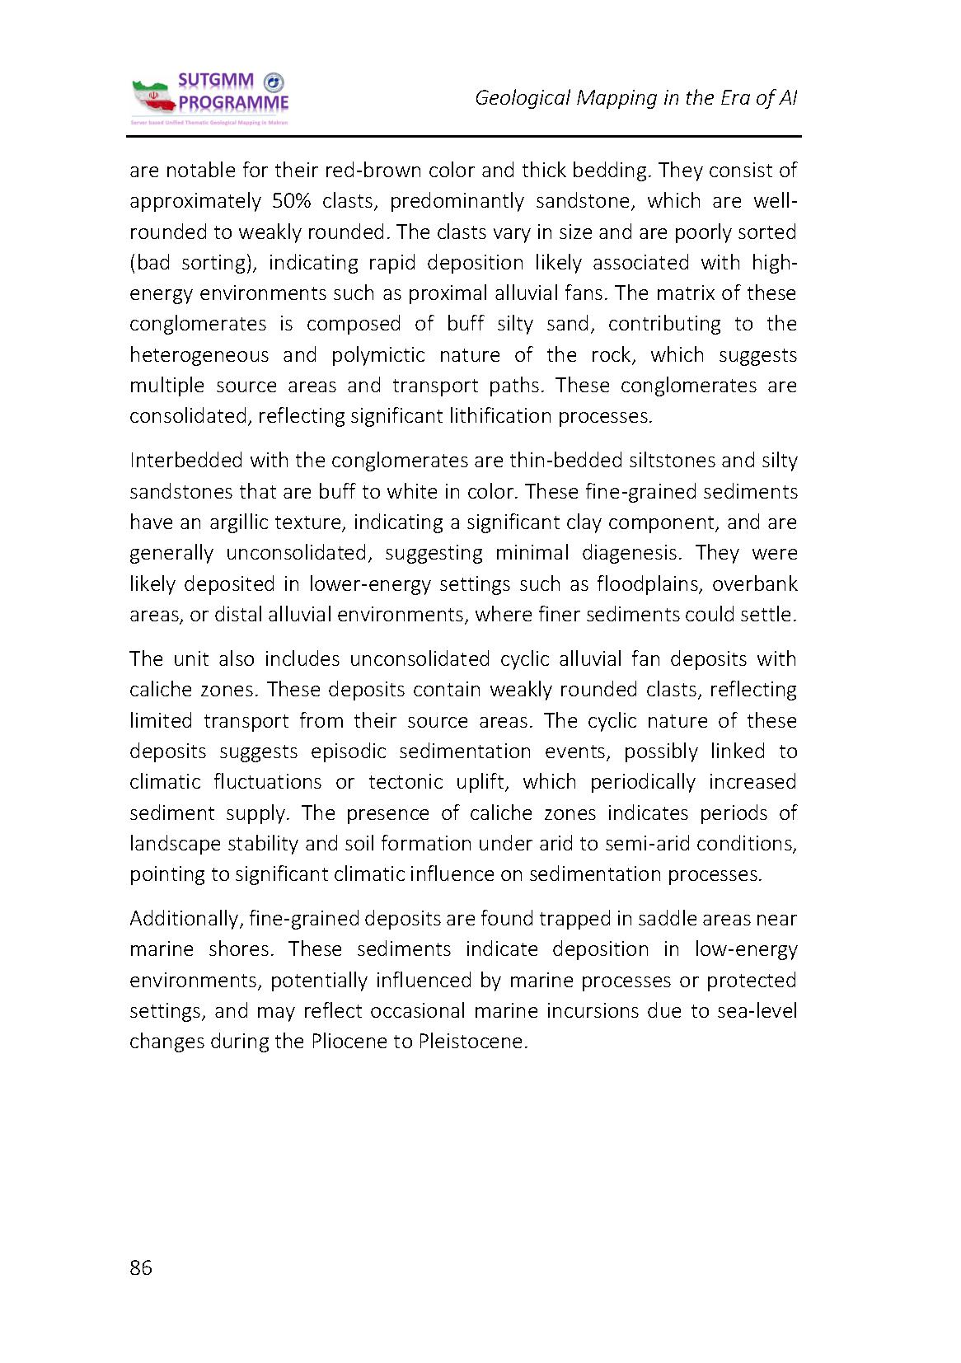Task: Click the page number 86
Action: (141, 1267)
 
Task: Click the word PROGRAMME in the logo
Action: (234, 104)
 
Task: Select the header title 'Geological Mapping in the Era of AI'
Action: (635, 98)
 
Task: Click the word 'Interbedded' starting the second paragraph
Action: (186, 461)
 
